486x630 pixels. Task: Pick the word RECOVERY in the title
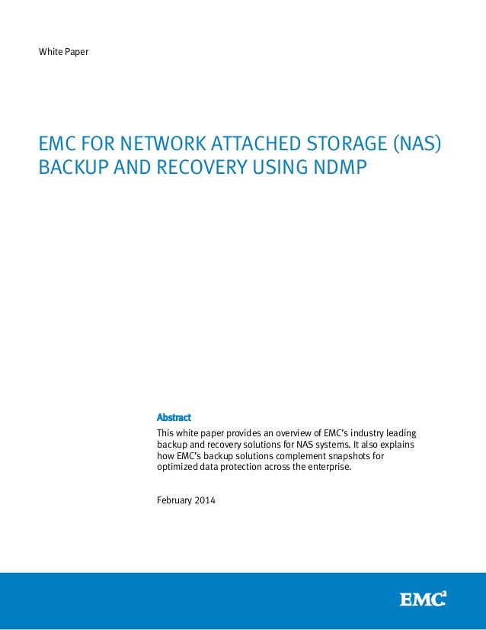(202, 166)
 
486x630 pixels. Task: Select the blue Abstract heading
(173, 417)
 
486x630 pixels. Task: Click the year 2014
(206, 500)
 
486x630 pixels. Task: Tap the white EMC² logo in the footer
(422, 599)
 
